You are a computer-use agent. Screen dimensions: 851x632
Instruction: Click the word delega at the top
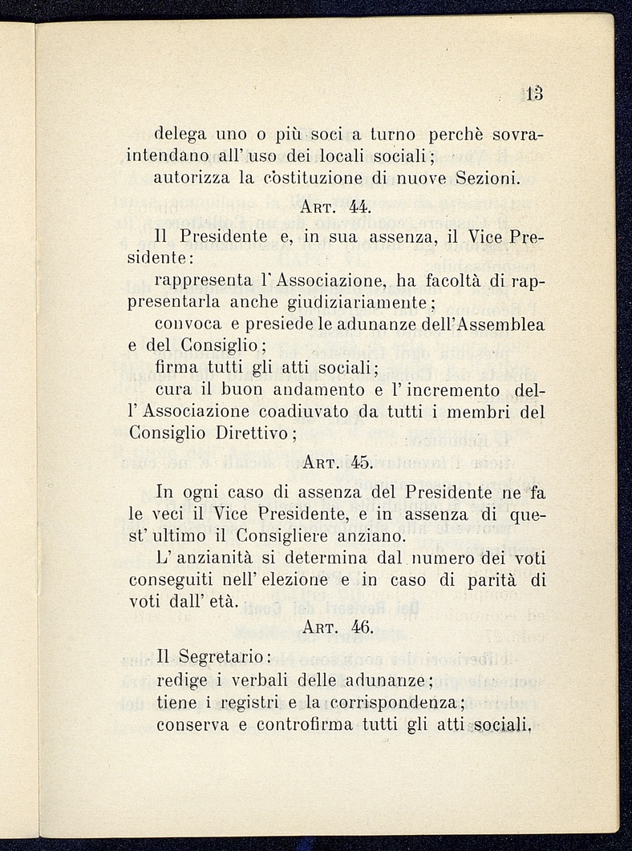pyautogui.click(x=182, y=129)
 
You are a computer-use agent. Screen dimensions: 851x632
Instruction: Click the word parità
pyautogui.click(x=492, y=579)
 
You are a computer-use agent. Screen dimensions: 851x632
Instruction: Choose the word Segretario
pyautogui.click(x=223, y=657)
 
